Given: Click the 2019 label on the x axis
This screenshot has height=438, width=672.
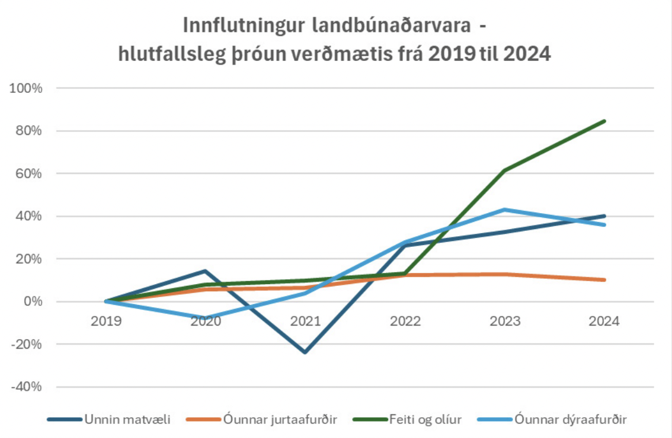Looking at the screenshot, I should coord(107,321).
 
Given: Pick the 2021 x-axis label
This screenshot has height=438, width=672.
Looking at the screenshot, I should coord(306,321).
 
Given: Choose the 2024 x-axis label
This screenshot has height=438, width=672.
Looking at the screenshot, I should coord(604,321).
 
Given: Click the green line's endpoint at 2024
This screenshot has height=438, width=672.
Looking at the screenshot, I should coord(604,121).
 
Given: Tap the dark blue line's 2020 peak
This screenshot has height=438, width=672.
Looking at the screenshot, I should coord(206,271).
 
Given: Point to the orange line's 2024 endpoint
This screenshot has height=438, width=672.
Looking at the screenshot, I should coord(604,280).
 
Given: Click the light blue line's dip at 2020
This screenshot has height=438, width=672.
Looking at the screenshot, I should coord(206,318).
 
